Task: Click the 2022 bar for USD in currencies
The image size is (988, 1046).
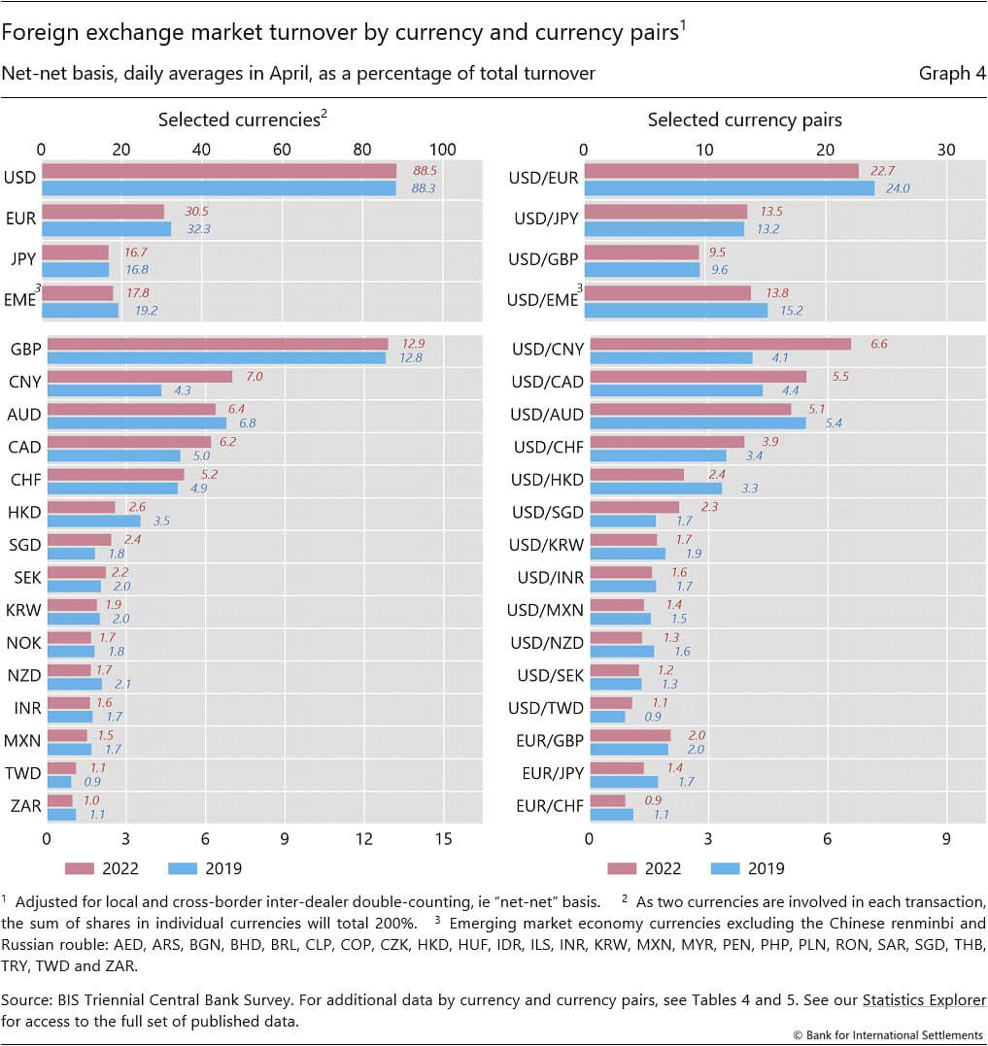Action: click(x=219, y=172)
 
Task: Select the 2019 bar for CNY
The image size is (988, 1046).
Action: click(x=104, y=390)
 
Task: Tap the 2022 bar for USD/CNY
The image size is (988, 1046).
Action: click(x=721, y=344)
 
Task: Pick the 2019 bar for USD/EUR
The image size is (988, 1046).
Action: click(x=730, y=188)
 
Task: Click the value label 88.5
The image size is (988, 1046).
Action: click(x=425, y=171)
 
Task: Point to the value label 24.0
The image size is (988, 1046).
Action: click(x=898, y=188)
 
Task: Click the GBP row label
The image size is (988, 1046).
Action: click(x=26, y=350)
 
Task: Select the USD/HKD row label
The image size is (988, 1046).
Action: click(x=547, y=481)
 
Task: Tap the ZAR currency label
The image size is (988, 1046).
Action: click(x=26, y=806)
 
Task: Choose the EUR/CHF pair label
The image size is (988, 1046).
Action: click(x=550, y=806)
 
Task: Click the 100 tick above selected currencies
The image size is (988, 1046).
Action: click(x=442, y=150)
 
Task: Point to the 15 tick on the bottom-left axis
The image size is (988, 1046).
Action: click(x=444, y=838)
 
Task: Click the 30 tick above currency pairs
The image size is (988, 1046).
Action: click(x=946, y=150)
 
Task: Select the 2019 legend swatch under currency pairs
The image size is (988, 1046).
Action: click(x=725, y=868)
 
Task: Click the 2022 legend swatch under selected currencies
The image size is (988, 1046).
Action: click(x=80, y=868)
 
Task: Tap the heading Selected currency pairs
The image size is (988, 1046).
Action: click(x=744, y=120)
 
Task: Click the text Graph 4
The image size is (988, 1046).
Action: click(x=952, y=74)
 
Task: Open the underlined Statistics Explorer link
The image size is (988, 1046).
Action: click(x=924, y=1000)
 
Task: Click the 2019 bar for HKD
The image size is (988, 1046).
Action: click(x=94, y=521)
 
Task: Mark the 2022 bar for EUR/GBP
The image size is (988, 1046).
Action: click(x=630, y=735)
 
